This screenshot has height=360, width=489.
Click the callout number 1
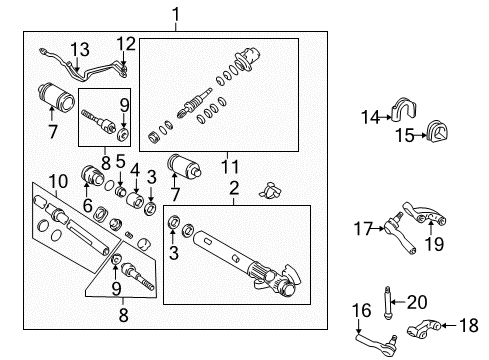click(176, 14)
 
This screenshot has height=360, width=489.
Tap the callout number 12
click(124, 43)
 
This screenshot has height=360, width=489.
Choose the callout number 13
click(79, 50)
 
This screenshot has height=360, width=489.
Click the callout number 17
click(361, 229)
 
